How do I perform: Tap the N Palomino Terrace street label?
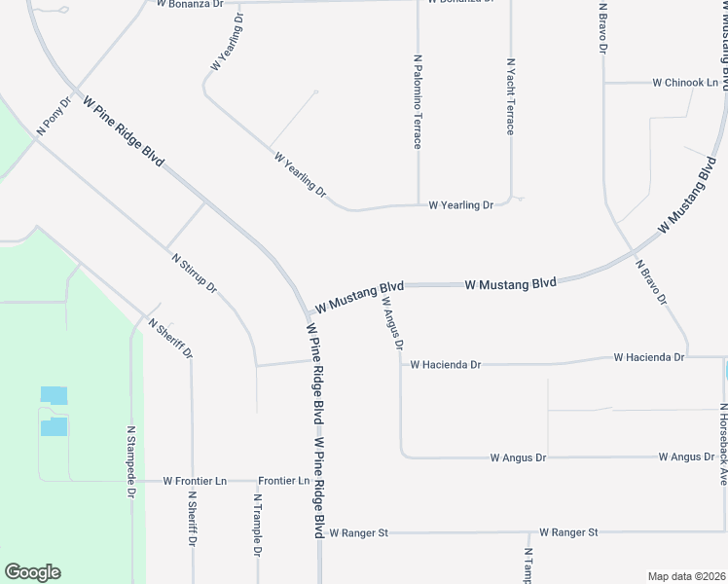point(418,101)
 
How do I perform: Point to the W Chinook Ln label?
point(685,83)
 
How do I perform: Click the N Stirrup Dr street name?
point(194,275)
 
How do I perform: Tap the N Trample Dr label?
point(257,525)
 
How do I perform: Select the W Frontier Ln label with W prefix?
point(195,481)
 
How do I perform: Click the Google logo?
point(32,572)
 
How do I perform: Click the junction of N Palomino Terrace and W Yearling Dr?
point(419,205)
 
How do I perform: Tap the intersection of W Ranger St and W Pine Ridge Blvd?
point(319,533)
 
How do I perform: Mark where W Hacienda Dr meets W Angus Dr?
point(400,365)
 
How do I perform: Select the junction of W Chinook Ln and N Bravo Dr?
point(604,83)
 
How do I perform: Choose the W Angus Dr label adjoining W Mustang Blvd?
point(391,323)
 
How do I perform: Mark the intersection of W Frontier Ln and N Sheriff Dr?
point(193,481)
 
